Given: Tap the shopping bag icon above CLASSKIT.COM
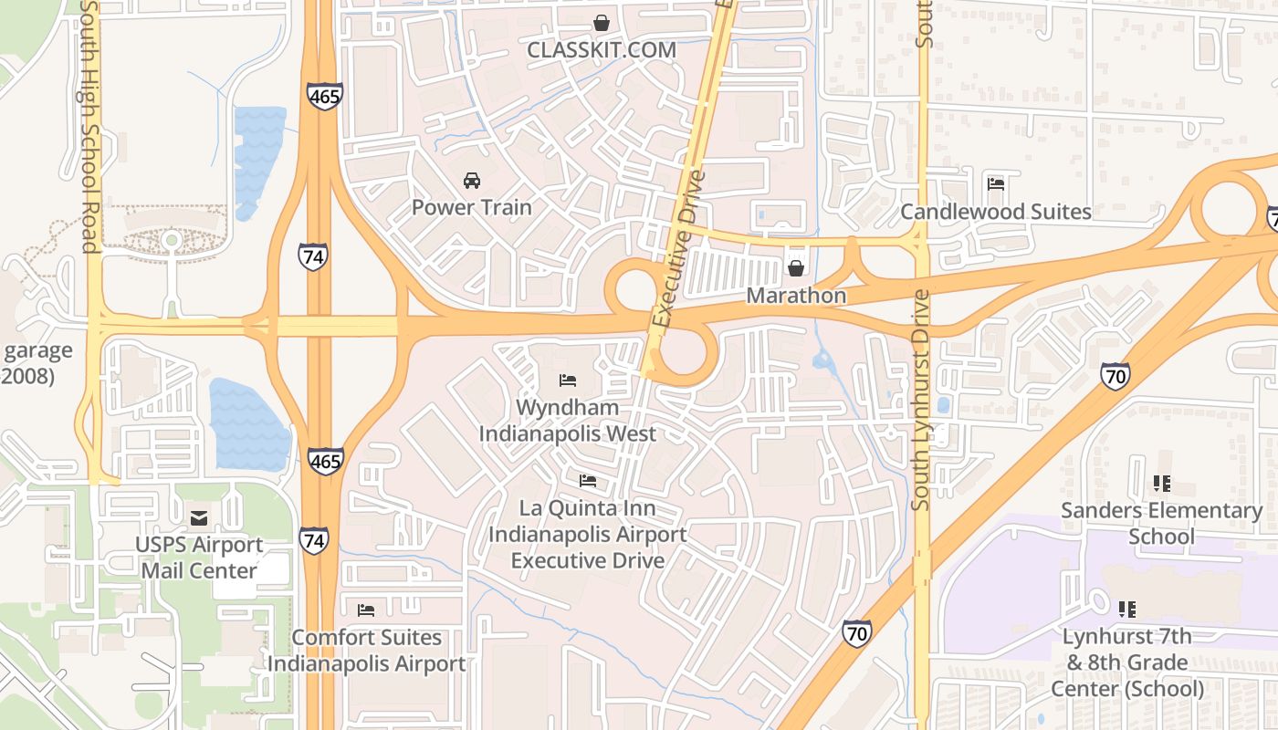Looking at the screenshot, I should click(x=602, y=22).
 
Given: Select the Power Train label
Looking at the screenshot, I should click(x=471, y=207).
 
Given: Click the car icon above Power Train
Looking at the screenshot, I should click(x=471, y=180).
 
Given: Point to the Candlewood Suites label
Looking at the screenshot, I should click(x=996, y=212).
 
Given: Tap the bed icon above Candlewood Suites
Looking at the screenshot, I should click(x=996, y=184).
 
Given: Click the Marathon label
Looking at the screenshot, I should click(x=796, y=296).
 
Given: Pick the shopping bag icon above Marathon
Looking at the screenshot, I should click(x=796, y=268).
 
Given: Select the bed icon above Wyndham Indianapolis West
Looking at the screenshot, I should click(x=568, y=380).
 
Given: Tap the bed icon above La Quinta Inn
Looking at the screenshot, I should click(x=588, y=480).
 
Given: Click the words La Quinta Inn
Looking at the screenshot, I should click(x=588, y=508).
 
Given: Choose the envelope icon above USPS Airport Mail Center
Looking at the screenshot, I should click(x=198, y=518).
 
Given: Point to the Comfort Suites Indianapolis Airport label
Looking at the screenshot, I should click(x=366, y=651).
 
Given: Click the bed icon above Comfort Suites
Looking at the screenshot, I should click(x=366, y=610).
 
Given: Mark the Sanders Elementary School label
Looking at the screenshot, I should click(x=1161, y=523).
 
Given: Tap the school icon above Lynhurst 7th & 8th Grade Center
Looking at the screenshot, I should click(x=1126, y=609).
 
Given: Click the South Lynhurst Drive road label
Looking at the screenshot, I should click(x=921, y=400).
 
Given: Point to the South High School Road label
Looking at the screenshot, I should click(x=89, y=128).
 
